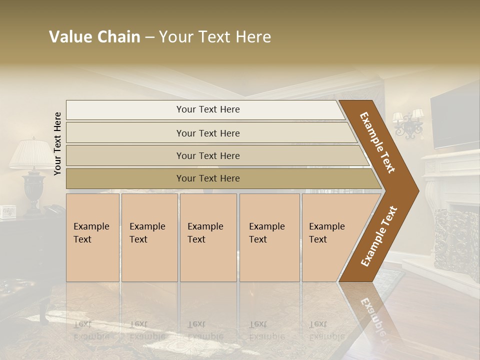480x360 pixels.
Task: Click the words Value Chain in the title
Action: pyautogui.click(x=94, y=37)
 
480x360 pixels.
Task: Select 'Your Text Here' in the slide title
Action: pyautogui.click(x=215, y=37)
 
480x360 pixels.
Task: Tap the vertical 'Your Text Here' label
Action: pyautogui.click(x=57, y=143)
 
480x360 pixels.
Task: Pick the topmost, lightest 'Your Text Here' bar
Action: pyautogui.click(x=207, y=109)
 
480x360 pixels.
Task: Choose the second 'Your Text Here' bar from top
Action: pyautogui.click(x=207, y=133)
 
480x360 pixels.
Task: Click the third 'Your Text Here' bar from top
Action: pyautogui.click(x=207, y=155)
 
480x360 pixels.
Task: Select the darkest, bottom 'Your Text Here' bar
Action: pyautogui.click(x=207, y=178)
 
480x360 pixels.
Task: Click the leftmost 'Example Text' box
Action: pyautogui.click(x=92, y=237)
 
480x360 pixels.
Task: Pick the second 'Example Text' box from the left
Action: pyautogui.click(x=149, y=237)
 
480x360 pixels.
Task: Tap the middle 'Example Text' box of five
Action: pyautogui.click(x=208, y=237)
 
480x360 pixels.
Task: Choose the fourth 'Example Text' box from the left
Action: pyautogui.click(x=269, y=237)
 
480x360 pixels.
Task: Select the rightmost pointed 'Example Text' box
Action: pyautogui.click(x=330, y=237)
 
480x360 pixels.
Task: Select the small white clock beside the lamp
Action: pyautogui.click(x=8, y=212)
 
